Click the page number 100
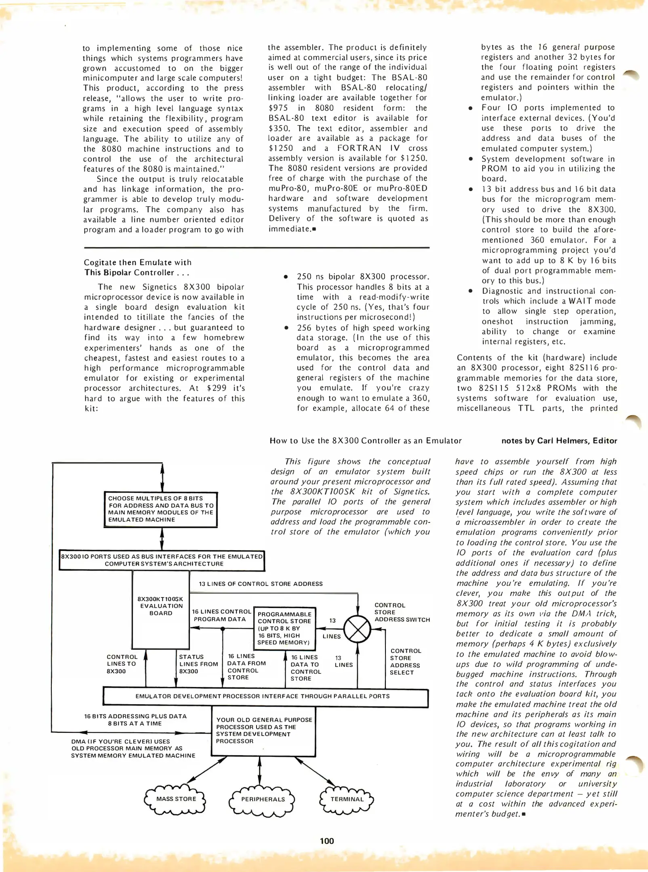[x=327, y=841]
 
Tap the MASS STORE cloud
[x=176, y=799]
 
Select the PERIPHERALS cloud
[x=263, y=799]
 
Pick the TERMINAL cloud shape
[x=347, y=799]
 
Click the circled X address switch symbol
[x=357, y=629]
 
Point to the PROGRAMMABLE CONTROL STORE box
[x=284, y=628]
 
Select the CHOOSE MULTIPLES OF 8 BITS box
[x=161, y=509]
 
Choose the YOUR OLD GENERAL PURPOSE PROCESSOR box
[x=263, y=731]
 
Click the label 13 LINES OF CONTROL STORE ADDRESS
[x=261, y=584]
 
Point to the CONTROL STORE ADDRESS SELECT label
[x=405, y=662]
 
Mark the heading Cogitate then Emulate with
[x=138, y=262]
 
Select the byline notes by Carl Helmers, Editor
[x=559, y=441]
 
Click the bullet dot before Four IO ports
[x=470, y=108]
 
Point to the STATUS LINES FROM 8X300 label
[x=198, y=664]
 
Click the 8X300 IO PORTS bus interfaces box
[x=162, y=560]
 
